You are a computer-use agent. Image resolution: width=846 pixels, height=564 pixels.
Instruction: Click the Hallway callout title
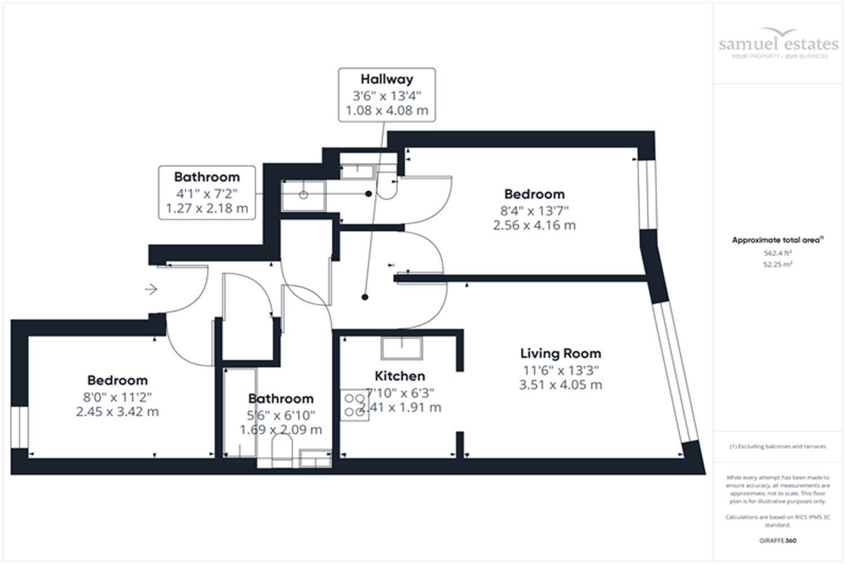click(x=387, y=80)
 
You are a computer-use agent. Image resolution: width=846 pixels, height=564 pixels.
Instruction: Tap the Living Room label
click(x=560, y=354)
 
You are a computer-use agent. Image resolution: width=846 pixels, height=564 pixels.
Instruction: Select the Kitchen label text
click(x=400, y=376)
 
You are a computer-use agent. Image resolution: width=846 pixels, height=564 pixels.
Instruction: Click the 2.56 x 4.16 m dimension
click(x=534, y=226)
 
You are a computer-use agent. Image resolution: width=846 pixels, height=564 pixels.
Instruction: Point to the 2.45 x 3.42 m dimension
click(x=117, y=412)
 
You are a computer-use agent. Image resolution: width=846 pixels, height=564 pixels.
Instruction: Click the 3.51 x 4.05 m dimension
click(x=560, y=385)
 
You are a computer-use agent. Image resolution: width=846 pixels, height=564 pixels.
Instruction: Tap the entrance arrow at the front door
click(x=151, y=289)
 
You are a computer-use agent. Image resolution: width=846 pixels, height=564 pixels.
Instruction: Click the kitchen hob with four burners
click(x=354, y=405)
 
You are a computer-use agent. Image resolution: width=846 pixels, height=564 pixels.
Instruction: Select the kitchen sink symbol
click(x=402, y=348)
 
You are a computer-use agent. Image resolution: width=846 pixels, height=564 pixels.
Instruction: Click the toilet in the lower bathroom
click(x=281, y=453)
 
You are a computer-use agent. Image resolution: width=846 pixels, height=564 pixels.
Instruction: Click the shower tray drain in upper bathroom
click(x=303, y=195)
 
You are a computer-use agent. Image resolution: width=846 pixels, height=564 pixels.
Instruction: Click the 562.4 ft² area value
click(x=778, y=253)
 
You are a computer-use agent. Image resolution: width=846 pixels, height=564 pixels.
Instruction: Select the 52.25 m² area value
click(x=778, y=264)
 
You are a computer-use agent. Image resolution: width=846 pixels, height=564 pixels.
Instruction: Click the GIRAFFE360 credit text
click(x=778, y=540)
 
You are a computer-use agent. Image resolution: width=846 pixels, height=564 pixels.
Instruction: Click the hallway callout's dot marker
click(x=365, y=297)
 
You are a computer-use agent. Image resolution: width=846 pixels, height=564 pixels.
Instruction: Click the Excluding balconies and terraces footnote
click(x=778, y=447)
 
